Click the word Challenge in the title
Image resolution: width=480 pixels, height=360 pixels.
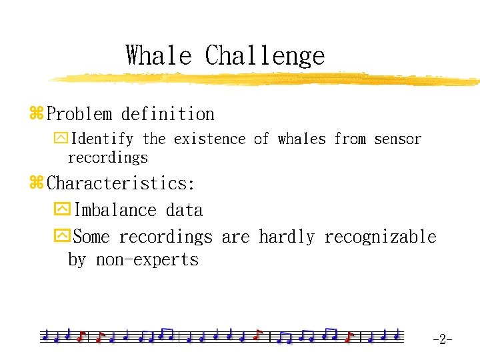[x=265, y=55]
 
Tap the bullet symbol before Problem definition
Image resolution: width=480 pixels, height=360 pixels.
[x=36, y=115]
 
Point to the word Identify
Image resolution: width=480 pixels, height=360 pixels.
[x=102, y=139]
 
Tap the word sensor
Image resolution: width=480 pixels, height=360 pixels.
[x=397, y=139]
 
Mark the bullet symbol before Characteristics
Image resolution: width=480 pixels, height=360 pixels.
[x=36, y=183]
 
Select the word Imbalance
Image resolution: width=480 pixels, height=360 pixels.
[x=115, y=211]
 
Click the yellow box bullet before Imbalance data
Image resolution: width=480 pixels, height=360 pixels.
[x=61, y=211]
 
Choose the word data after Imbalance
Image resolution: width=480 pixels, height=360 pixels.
[x=184, y=211]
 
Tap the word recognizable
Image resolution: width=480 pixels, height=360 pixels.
[x=380, y=237]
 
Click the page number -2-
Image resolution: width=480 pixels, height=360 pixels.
[x=442, y=340]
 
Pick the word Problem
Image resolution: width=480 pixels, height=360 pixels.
[x=79, y=115]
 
